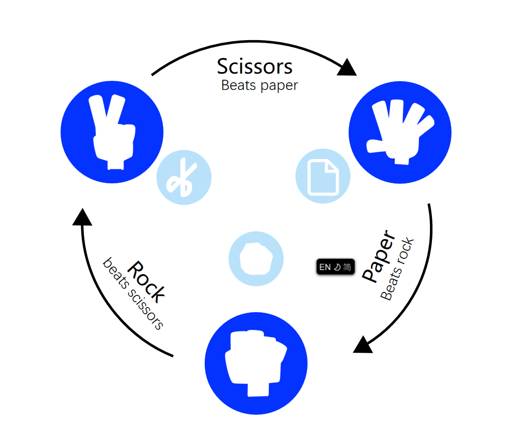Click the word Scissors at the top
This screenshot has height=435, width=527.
[x=255, y=66]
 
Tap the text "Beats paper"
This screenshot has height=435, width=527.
[x=259, y=85]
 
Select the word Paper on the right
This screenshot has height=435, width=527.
[x=379, y=257]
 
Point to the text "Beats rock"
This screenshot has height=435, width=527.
[x=397, y=269]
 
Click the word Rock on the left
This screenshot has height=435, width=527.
[x=146, y=281]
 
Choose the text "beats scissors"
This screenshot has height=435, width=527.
[x=133, y=294]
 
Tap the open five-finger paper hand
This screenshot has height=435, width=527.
[x=400, y=131]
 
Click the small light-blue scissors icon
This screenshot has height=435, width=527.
[x=183, y=178]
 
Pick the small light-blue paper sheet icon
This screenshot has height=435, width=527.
[x=323, y=176]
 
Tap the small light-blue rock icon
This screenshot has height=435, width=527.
[x=256, y=258]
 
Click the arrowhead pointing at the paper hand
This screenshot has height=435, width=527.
[x=347, y=68]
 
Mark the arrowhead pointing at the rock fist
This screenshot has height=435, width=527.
[x=363, y=345]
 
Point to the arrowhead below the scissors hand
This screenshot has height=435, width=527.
[x=82, y=217]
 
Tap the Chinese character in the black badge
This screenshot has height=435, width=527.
[x=347, y=267]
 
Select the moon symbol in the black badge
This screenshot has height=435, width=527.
[x=336, y=267]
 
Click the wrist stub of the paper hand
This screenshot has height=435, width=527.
[x=401, y=160]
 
